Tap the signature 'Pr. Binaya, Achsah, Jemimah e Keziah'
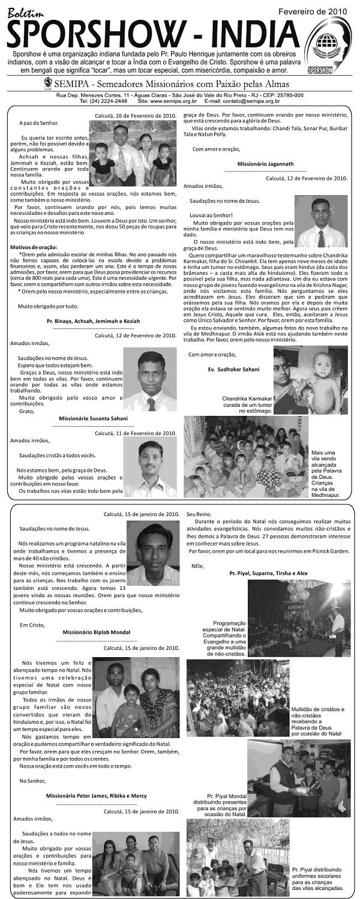coord(93,321)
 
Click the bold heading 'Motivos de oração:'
coord(34,247)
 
